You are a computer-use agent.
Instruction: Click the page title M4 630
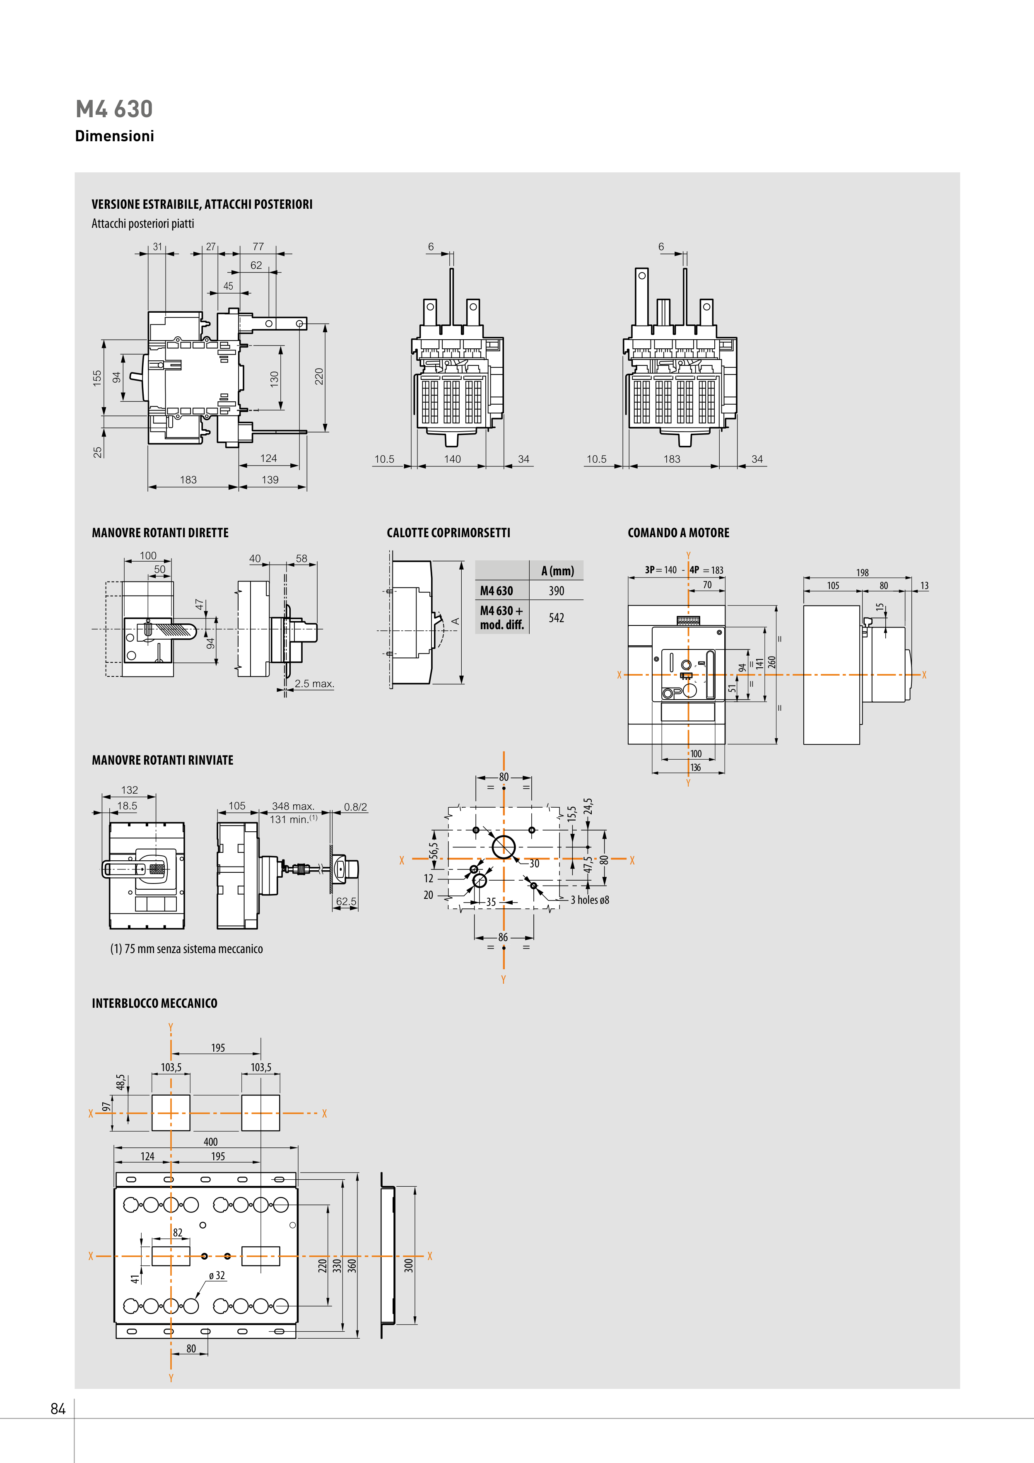click(114, 109)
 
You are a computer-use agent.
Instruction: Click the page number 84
click(58, 1409)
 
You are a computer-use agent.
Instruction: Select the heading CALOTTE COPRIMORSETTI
click(448, 533)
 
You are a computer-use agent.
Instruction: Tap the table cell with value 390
click(556, 591)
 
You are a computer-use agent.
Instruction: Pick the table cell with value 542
click(556, 618)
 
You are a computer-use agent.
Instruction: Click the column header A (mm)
click(557, 571)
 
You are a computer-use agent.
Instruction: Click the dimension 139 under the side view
click(270, 480)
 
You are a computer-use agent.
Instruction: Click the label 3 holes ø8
click(589, 900)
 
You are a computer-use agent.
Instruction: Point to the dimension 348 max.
click(293, 806)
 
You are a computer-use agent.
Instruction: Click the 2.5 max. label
click(314, 684)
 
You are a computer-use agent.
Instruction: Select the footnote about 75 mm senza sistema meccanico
click(186, 949)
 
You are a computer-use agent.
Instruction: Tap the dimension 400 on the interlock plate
click(210, 1142)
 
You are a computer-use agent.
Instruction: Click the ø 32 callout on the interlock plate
click(217, 1275)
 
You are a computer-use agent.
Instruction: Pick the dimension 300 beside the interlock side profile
click(408, 1265)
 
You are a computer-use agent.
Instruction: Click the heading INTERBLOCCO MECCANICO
click(154, 1003)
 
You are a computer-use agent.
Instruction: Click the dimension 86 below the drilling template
click(503, 937)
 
